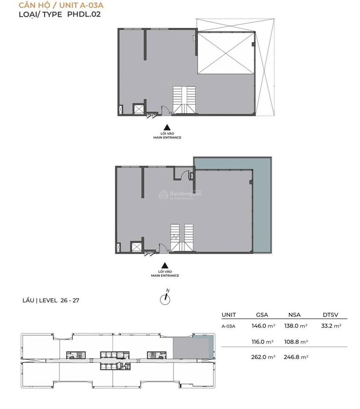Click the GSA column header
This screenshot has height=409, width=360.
coord(262,315)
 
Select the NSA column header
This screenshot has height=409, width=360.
coord(294,315)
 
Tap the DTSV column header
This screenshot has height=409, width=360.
coord(331,315)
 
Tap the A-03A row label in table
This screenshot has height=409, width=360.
coord(229,326)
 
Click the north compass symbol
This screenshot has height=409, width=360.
coord(165,298)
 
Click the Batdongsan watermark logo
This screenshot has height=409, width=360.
coord(180,194)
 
